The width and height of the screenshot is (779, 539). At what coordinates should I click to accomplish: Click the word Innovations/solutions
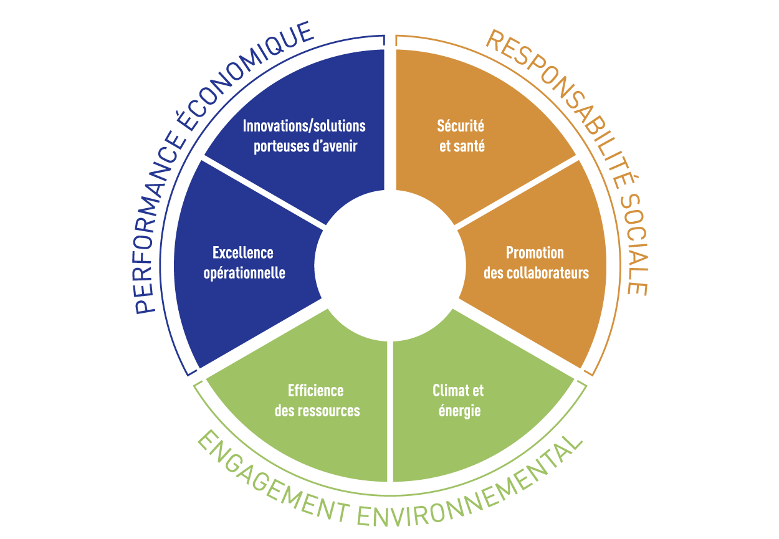(x=304, y=126)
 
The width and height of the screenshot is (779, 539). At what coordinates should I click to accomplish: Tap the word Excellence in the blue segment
(x=243, y=252)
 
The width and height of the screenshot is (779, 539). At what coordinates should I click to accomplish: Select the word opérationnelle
(x=244, y=273)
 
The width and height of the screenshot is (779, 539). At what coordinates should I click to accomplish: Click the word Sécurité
(x=461, y=126)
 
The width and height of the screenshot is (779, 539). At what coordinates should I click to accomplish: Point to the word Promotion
(x=535, y=253)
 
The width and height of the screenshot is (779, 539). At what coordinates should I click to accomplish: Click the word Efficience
(x=315, y=391)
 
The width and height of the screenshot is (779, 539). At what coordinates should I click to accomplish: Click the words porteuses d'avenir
(x=305, y=147)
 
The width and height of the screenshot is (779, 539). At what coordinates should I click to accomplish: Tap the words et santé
(x=462, y=147)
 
